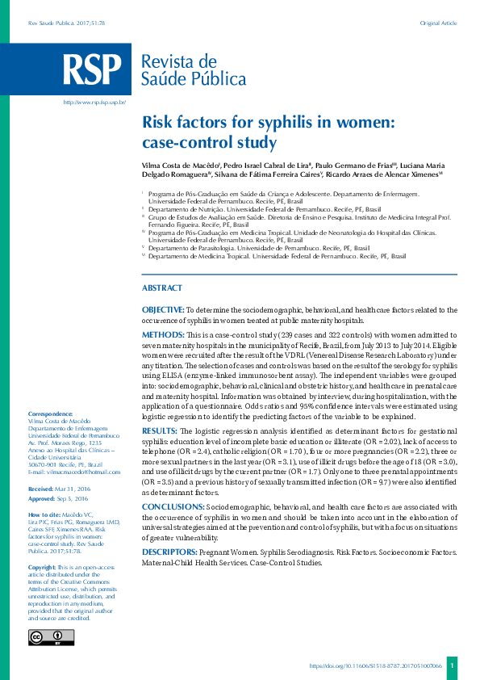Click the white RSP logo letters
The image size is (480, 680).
click(94, 70)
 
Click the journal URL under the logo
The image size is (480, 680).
click(95, 103)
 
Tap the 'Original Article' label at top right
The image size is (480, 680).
click(438, 23)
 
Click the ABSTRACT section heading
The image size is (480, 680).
click(162, 288)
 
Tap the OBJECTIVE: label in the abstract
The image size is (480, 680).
click(163, 309)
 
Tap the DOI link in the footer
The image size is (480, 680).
click(376, 666)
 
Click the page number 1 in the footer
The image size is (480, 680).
click(453, 666)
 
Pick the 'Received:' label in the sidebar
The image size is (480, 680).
click(40, 489)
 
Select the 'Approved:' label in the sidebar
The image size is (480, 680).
click(41, 500)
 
